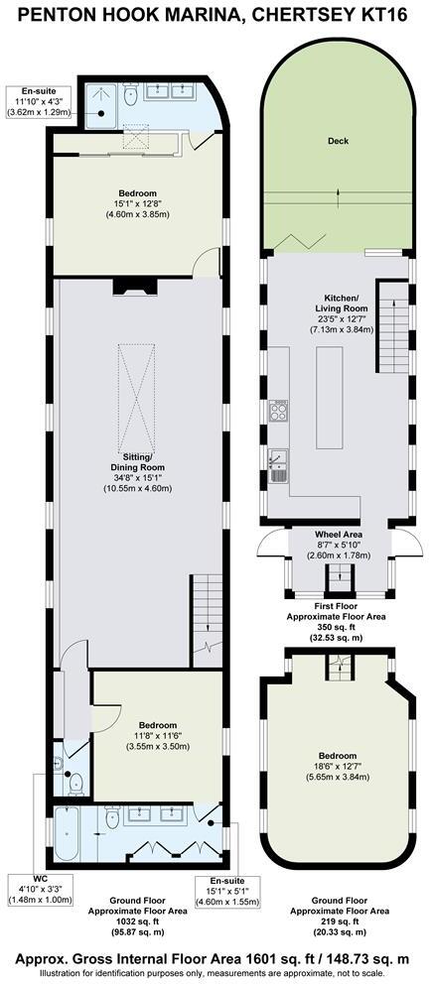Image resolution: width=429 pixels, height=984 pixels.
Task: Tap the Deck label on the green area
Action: coord(338,141)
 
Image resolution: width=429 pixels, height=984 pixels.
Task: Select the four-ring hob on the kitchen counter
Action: coord(279,408)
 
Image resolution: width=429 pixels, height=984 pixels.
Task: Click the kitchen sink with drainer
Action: coord(279,461)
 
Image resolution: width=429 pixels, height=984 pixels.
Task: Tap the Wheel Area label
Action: coord(338,535)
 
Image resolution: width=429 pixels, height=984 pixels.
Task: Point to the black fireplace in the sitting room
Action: coord(132,288)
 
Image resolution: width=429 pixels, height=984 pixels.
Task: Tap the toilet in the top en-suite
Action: coord(131,96)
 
